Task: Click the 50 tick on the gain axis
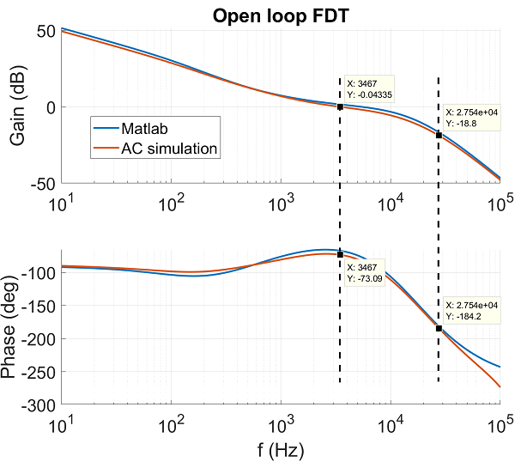44,31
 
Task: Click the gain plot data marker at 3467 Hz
340,106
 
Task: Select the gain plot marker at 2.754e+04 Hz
439,135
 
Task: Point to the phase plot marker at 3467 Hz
340,255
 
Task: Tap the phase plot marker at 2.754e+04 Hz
439,328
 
